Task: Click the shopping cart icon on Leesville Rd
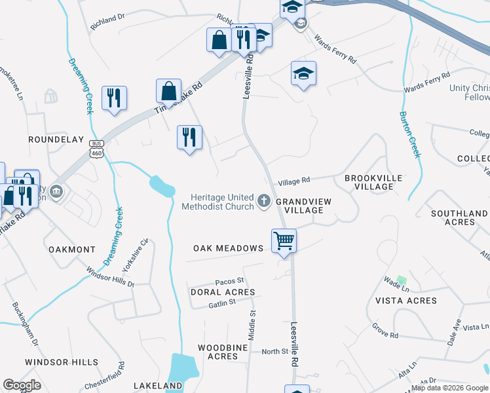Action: [284, 240]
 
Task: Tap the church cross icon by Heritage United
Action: [264, 201]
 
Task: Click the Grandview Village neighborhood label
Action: [299, 206]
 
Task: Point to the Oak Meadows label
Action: [228, 248]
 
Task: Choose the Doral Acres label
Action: [222, 292]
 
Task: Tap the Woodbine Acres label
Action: [222, 351]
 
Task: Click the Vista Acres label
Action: [405, 301]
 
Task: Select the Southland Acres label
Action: [459, 218]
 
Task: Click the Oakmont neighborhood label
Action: [71, 250]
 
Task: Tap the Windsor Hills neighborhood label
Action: [62, 362]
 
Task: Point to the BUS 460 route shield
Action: [97, 149]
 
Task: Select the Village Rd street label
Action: [293, 181]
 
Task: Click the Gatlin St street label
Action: [222, 304]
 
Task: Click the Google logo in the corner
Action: [22, 386]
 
